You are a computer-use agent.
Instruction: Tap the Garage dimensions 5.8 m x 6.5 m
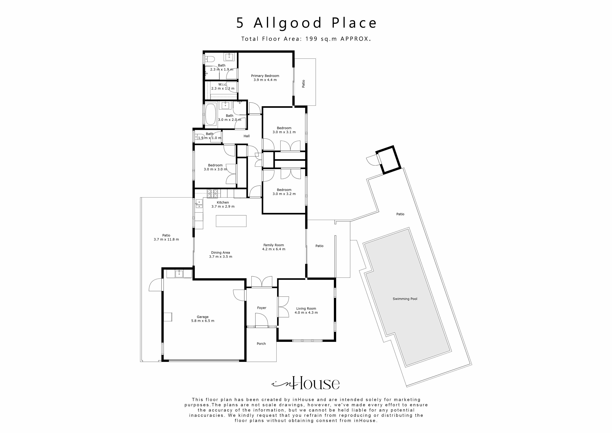click(x=203, y=321)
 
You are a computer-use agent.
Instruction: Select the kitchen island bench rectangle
click(x=231, y=221)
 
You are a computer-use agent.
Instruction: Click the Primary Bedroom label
click(x=265, y=76)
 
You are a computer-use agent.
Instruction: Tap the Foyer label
click(x=262, y=308)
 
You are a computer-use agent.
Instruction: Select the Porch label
click(x=261, y=344)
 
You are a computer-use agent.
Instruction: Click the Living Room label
click(x=306, y=308)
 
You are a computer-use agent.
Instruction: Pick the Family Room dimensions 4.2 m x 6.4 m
click(x=274, y=249)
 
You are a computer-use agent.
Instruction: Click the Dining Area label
click(x=221, y=253)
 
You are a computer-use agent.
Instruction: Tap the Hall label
click(x=247, y=136)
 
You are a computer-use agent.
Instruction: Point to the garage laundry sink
click(x=179, y=273)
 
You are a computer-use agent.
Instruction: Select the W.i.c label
click(x=222, y=85)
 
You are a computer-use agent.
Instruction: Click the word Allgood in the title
click(x=288, y=23)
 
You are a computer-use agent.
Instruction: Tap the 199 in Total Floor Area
click(x=311, y=39)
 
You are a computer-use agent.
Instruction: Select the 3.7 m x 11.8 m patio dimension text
click(x=166, y=240)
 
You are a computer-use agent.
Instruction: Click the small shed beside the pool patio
click(x=388, y=159)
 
